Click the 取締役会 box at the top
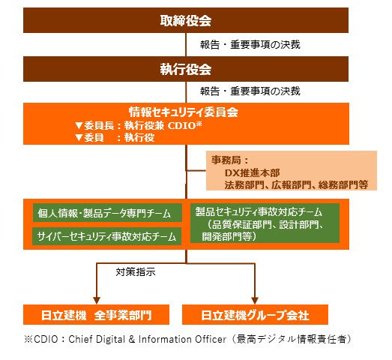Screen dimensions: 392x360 pyautogui.click(x=186, y=20)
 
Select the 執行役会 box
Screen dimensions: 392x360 pyautogui.click(x=186, y=69)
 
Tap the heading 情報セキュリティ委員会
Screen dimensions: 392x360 pyautogui.click(x=184, y=112)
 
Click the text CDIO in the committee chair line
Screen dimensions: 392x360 pyautogui.click(x=181, y=125)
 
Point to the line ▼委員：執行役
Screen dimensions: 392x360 pyautogui.click(x=115, y=137)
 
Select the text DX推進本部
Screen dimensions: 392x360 pyautogui.click(x=252, y=172)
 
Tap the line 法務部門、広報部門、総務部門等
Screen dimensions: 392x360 pyautogui.click(x=296, y=185)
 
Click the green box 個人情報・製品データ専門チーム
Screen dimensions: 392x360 pyautogui.click(x=107, y=213)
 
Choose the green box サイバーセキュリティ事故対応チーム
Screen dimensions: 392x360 pyautogui.click(x=106, y=236)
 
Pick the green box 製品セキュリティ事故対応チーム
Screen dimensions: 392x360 pyautogui.click(x=265, y=223)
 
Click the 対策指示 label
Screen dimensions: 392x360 pyautogui.click(x=136, y=272)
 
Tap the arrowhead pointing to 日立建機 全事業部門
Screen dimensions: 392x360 pyautogui.click(x=97, y=301)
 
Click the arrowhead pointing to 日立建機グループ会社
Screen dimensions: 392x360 pyautogui.click(x=255, y=301)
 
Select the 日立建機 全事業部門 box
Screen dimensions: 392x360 pyautogui.click(x=96, y=314)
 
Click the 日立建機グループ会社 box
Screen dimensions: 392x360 pyautogui.click(x=255, y=314)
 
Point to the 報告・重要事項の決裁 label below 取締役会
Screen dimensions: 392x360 pyautogui.click(x=250, y=44)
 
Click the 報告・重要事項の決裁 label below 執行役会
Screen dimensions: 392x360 pyautogui.click(x=250, y=91)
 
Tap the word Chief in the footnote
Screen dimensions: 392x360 pyautogui.click(x=80, y=339)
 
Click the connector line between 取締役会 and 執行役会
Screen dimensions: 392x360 pyautogui.click(x=186, y=44)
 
